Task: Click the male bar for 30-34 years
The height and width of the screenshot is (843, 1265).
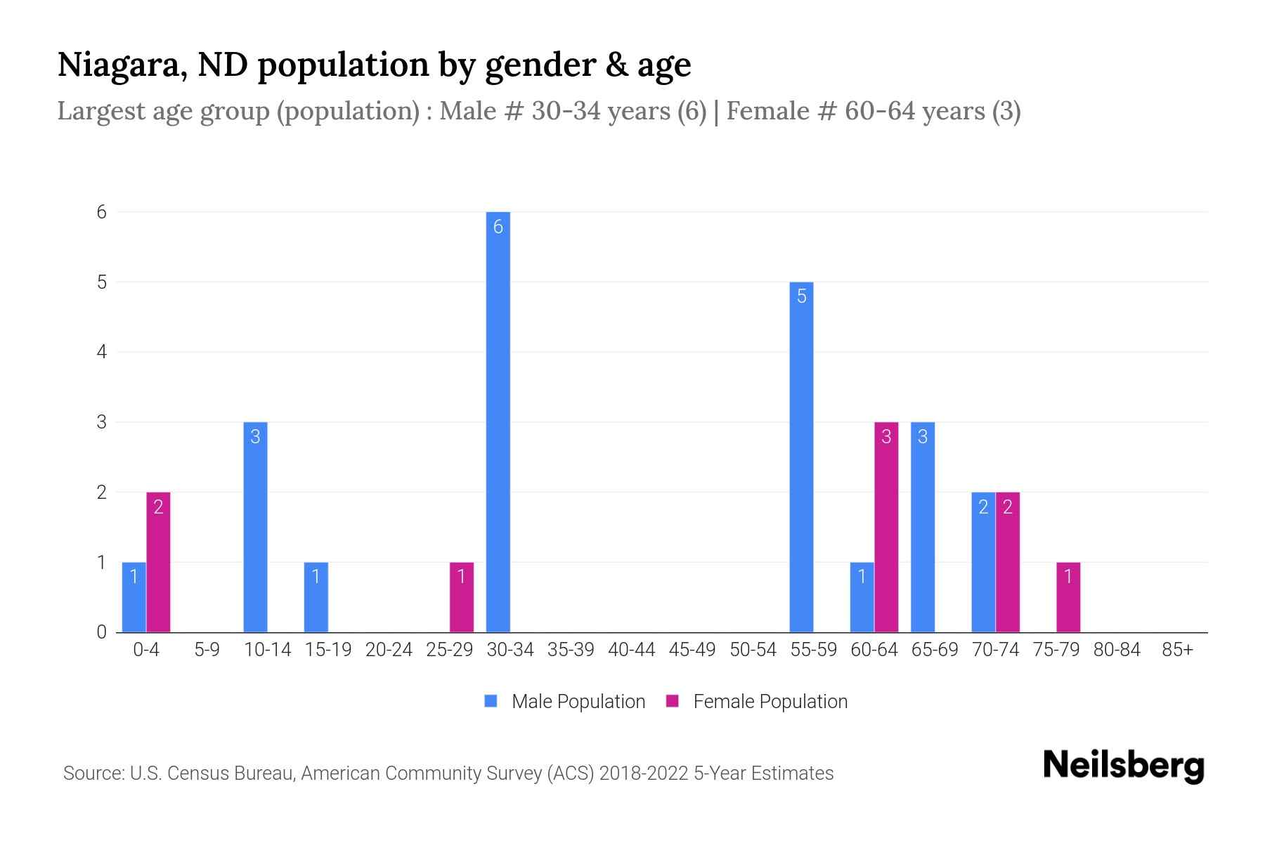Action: [498, 421]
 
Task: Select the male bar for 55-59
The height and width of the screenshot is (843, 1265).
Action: [801, 457]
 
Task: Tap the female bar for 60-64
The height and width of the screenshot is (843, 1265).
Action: [886, 527]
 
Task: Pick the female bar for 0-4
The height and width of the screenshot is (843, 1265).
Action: [158, 562]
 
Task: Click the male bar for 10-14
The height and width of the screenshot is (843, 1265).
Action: [255, 527]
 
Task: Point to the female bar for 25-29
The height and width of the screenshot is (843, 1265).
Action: [462, 597]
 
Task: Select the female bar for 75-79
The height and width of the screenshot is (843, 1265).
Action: [1068, 597]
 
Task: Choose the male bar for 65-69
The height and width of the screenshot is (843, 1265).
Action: [923, 527]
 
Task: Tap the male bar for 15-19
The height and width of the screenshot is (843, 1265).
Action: [316, 597]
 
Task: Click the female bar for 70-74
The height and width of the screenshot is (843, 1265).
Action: [1008, 562]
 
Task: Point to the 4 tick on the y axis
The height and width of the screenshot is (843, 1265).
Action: [102, 352]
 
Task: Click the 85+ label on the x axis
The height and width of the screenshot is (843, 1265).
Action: [1177, 650]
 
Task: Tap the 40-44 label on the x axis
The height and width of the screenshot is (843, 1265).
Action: [631, 650]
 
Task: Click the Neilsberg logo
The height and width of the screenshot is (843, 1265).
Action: [1123, 766]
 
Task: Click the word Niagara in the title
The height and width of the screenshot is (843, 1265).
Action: [122, 65]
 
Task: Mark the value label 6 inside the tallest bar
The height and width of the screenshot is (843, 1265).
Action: [498, 227]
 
